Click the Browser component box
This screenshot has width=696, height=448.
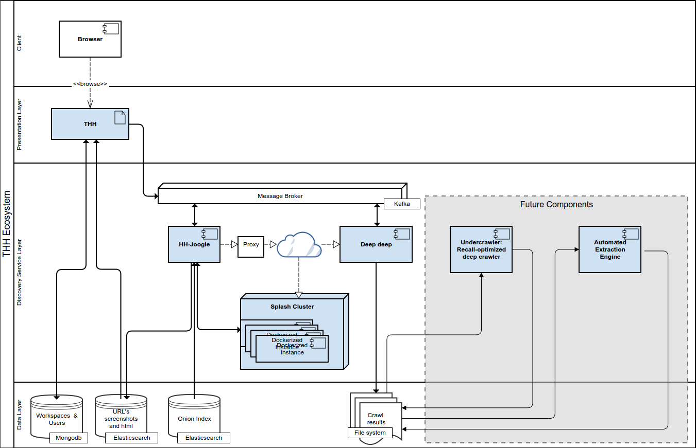[90, 39]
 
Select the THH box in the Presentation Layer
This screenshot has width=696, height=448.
[90, 124]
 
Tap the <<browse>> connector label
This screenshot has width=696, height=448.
[90, 84]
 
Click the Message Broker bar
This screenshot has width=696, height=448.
[280, 196]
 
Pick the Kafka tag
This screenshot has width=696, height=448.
[402, 204]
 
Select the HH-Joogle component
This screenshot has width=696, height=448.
[194, 244]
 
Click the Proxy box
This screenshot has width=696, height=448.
[251, 245]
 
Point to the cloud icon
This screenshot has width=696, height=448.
[299, 245]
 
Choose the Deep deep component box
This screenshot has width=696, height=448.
[376, 244]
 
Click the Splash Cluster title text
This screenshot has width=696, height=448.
[292, 307]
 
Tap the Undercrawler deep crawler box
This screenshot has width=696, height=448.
[481, 249]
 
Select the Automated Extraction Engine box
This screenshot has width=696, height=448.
[610, 249]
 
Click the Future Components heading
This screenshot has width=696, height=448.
[556, 205]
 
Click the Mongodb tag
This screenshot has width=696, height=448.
[69, 438]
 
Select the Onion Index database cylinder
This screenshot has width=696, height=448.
[194, 416]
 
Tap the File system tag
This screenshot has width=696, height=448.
[370, 433]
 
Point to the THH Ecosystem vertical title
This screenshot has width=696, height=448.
[7, 224]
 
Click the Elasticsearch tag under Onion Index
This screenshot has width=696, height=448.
[203, 438]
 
